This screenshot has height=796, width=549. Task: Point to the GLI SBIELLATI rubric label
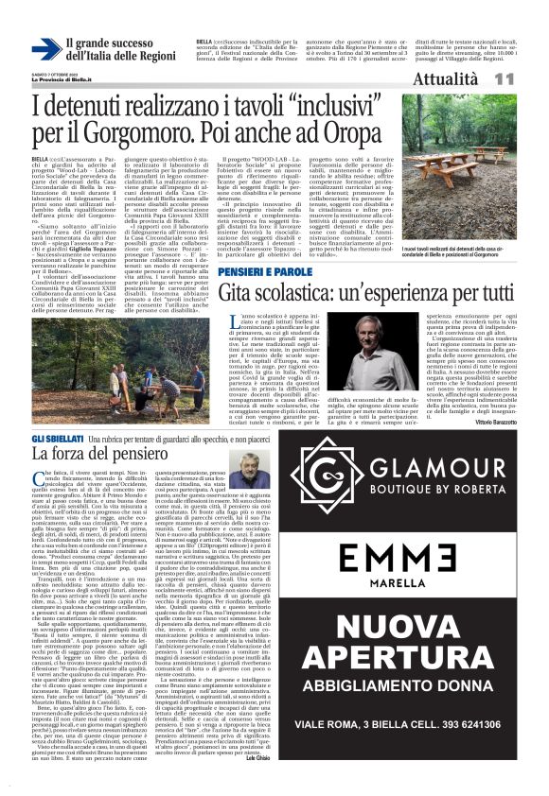59,440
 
